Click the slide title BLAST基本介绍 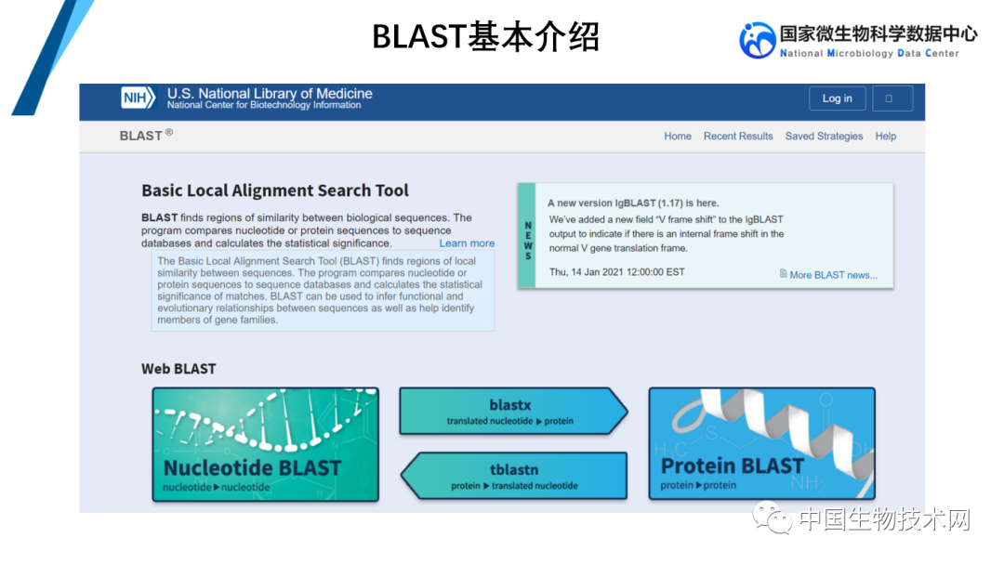pos(485,37)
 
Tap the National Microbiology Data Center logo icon pos(757,40)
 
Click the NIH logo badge pos(139,98)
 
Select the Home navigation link pos(678,137)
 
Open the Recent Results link pos(738,137)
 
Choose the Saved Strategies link pos(824,137)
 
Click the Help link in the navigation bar pos(885,137)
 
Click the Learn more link pos(467,243)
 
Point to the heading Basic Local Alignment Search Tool pos(275,190)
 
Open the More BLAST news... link pos(832,275)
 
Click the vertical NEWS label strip pos(527,235)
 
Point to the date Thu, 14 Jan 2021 pos(616,272)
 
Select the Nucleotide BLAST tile pos(266,444)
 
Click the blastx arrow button pos(512,412)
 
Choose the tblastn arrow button pos(514,476)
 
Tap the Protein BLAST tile pos(761,444)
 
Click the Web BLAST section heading pos(178,369)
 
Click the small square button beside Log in pos(892,98)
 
